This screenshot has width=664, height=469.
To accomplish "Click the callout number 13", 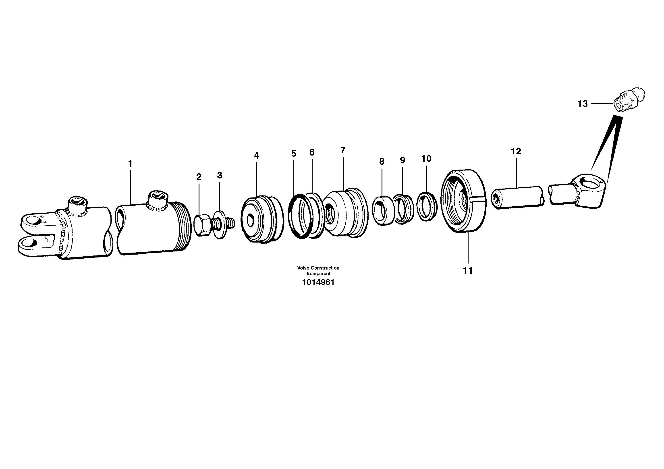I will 582,104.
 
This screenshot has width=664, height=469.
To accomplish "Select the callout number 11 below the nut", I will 468,271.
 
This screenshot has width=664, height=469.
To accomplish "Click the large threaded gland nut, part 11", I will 464,201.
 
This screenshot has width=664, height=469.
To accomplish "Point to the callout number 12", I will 516,151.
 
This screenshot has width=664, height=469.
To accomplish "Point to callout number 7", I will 343,150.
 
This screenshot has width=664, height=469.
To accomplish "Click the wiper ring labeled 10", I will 426,206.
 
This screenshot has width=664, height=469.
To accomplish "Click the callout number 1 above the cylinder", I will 130,164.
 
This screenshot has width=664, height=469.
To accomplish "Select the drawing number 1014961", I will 318,282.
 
